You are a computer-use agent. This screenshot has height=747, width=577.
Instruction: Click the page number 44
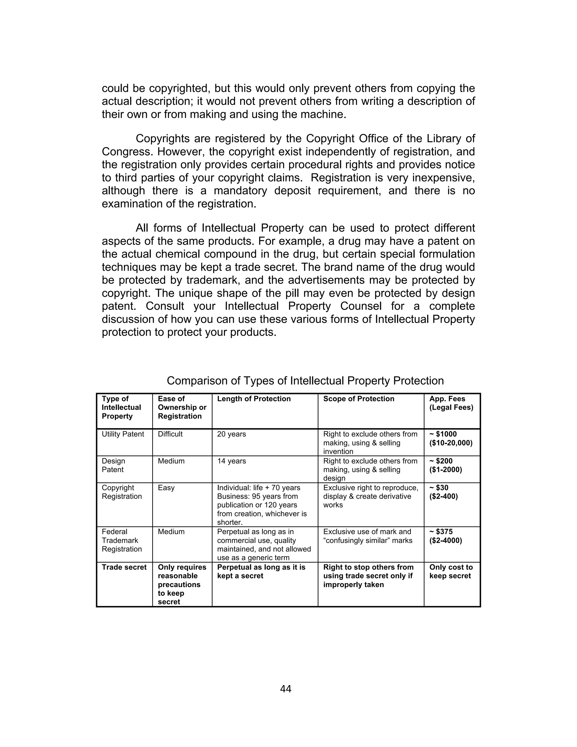[x=285, y=689]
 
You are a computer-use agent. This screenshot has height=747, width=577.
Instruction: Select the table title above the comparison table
[x=305, y=381]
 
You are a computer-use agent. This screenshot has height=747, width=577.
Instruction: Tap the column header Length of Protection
[x=254, y=399]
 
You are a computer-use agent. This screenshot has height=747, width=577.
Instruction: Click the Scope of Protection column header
[x=359, y=399]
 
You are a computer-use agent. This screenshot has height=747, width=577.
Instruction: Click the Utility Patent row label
[x=123, y=434]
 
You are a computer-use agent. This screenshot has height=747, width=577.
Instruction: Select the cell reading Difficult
[x=170, y=434]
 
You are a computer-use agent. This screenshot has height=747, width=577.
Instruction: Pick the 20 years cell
[x=231, y=434]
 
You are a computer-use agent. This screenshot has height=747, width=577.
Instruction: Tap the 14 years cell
[x=231, y=461]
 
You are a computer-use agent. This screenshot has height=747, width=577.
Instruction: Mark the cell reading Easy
[x=166, y=488]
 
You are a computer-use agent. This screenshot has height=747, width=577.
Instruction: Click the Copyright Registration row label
[x=122, y=492]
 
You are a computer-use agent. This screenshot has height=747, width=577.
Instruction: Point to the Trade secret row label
[x=124, y=567]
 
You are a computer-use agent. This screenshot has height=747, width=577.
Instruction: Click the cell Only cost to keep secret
[x=450, y=572]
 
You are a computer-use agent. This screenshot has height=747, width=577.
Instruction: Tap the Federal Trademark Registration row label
[x=122, y=540]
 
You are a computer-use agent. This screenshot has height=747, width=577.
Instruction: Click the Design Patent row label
[x=114, y=465]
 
